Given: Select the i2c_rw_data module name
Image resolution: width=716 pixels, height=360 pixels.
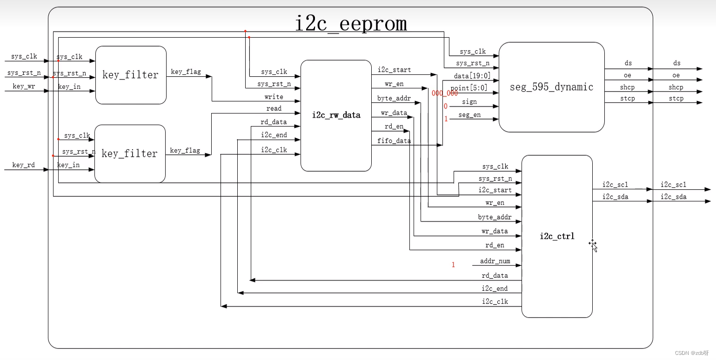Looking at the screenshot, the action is pyautogui.click(x=336, y=115).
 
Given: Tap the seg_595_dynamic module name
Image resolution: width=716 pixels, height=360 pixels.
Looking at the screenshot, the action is pyautogui.click(x=551, y=87).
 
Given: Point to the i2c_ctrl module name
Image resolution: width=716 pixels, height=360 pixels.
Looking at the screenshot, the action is pyautogui.click(x=557, y=236).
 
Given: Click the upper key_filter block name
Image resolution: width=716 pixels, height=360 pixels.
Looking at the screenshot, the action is pyautogui.click(x=130, y=75).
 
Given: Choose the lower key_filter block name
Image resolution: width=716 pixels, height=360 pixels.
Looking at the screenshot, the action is pyautogui.click(x=129, y=153).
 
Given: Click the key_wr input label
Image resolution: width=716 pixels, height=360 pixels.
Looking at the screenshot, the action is pyautogui.click(x=24, y=86).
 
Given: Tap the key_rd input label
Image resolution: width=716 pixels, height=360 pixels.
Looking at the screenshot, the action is pyautogui.click(x=24, y=165).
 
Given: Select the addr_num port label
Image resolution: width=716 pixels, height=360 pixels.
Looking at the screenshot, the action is pyautogui.click(x=495, y=261).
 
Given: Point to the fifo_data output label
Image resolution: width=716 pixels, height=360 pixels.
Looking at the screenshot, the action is pyautogui.click(x=394, y=141).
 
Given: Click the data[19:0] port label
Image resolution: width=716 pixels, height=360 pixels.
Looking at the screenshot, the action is pyautogui.click(x=472, y=76).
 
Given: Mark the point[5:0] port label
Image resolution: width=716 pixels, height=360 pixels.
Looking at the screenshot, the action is pyautogui.click(x=469, y=88).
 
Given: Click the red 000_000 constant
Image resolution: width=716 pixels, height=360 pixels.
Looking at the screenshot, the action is pyautogui.click(x=445, y=93).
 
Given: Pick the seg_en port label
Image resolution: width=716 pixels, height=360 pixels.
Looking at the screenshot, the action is pyautogui.click(x=469, y=115).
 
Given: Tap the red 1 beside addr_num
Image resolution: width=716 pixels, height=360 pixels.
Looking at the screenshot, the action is pyautogui.click(x=453, y=265).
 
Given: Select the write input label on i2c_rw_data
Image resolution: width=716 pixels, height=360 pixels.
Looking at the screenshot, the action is pyautogui.click(x=274, y=97).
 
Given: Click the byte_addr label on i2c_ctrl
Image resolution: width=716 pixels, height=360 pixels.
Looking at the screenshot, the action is pyautogui.click(x=495, y=217).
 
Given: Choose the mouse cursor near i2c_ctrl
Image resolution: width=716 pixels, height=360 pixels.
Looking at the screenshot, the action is pyautogui.click(x=593, y=245).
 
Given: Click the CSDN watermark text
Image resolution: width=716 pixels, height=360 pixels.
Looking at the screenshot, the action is pyautogui.click(x=692, y=353).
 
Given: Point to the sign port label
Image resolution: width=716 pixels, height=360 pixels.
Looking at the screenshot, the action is pyautogui.click(x=469, y=102).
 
